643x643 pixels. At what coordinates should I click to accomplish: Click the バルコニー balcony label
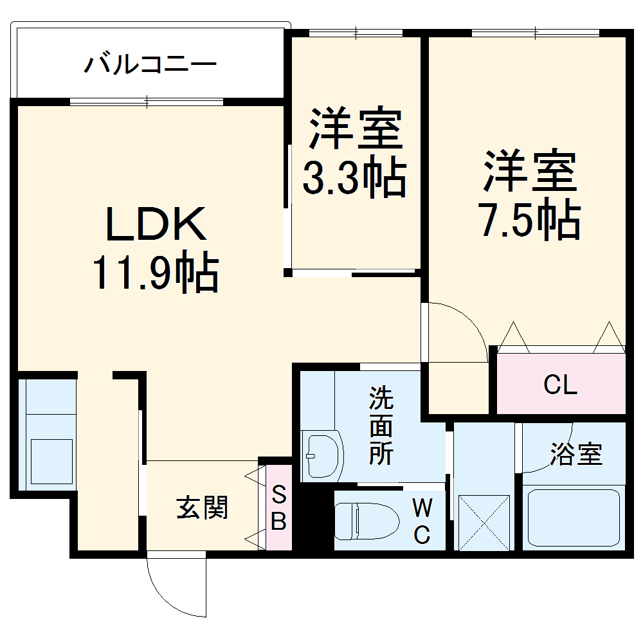tap(150, 65)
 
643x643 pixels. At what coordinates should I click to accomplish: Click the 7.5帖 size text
tap(530, 221)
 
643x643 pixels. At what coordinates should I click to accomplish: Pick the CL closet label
tap(560, 385)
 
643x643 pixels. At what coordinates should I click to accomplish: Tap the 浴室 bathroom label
tap(576, 455)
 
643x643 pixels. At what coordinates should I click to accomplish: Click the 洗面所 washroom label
tap(381, 427)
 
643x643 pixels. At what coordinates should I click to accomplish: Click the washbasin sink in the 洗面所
tap(323, 455)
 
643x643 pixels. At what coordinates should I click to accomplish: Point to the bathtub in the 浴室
tap(572, 518)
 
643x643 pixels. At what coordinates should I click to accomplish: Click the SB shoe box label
tap(278, 508)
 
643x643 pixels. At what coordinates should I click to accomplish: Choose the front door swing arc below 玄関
tap(174, 588)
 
